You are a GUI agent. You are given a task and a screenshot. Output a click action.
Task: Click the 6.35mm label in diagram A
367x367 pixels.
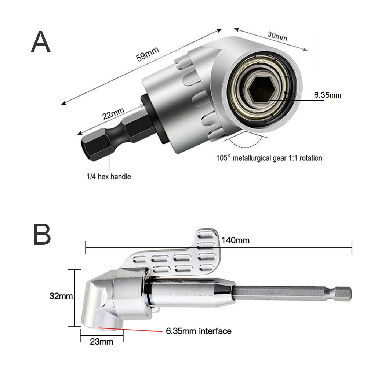(x=327, y=95)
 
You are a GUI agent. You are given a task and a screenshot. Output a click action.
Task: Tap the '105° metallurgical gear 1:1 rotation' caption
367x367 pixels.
(x=269, y=158)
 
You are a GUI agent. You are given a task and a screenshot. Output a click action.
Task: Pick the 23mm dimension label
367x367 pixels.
(x=101, y=342)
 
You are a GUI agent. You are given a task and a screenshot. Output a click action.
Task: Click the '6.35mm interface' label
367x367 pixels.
(x=199, y=331)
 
